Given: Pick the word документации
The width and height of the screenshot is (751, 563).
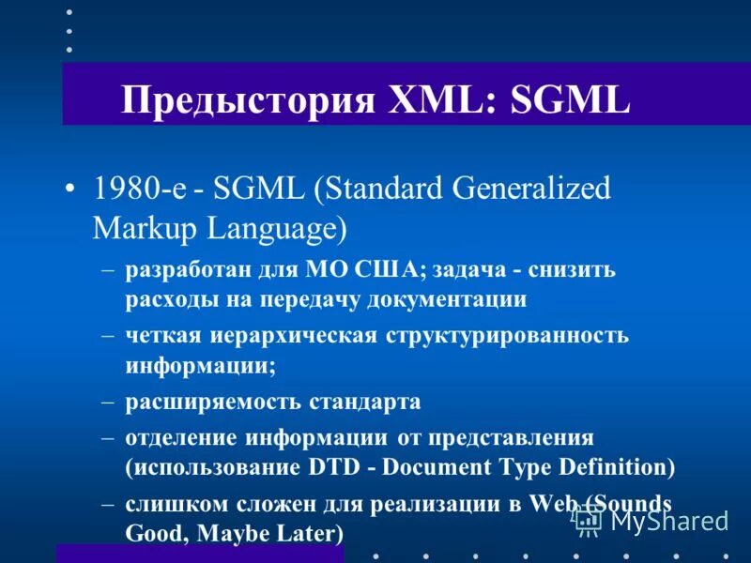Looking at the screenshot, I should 453,300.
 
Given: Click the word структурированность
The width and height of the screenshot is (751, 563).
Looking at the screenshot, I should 507,336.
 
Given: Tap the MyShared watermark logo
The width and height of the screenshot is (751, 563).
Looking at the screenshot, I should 651,520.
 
